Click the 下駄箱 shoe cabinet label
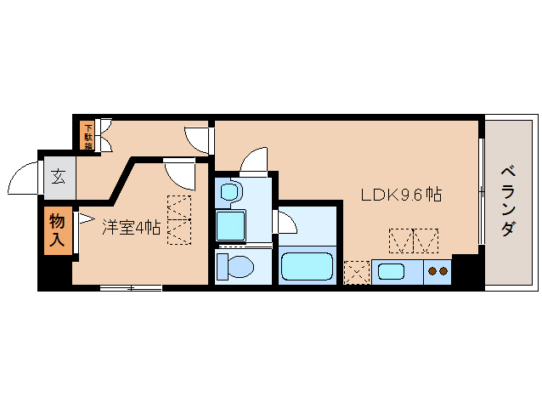coord(88,136)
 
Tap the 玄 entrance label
coord(59,177)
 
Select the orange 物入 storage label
coord(57,231)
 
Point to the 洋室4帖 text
coord(132,227)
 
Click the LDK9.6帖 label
coord(400,195)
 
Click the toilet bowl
coord(234,266)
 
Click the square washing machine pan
coord(231,225)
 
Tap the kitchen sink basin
coord(392,273)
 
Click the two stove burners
coord(438,272)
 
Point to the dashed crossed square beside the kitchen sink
coord(356,272)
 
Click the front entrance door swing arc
coord(23,179)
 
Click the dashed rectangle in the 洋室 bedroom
coord(180,220)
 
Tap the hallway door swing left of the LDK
coord(198,139)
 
